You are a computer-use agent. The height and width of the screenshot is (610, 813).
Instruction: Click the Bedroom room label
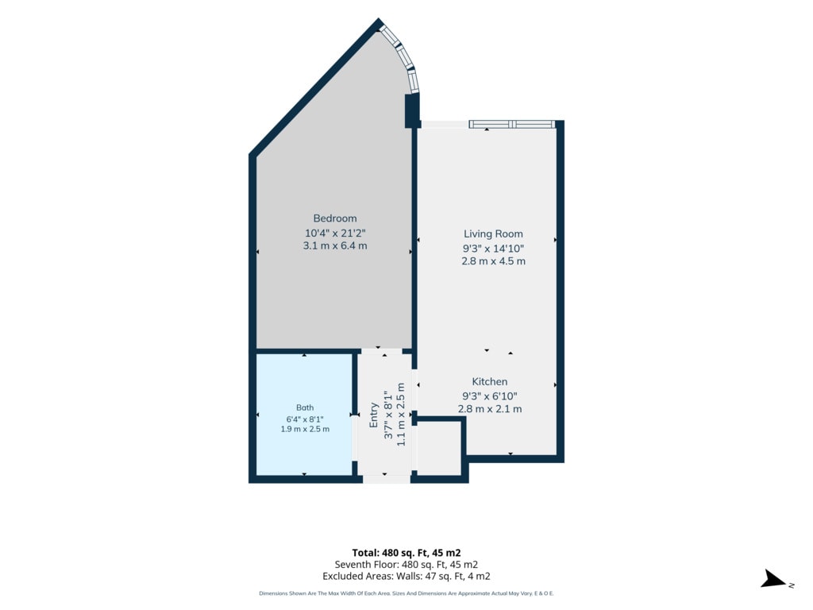(x=335, y=218)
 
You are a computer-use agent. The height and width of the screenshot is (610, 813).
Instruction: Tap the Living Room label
(x=493, y=234)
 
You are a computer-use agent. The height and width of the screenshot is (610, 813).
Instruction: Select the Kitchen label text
(x=489, y=382)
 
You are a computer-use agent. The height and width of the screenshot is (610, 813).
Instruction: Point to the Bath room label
(x=305, y=407)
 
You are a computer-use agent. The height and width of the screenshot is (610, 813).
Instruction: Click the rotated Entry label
(x=373, y=415)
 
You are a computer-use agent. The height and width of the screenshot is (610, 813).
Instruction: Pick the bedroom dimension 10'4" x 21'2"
(x=335, y=234)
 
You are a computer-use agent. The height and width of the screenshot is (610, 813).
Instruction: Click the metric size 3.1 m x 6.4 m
(x=335, y=246)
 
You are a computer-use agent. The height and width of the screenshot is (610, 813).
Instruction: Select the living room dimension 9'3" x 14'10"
(x=493, y=249)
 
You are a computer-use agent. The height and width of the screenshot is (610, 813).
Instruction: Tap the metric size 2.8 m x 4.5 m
(x=493, y=261)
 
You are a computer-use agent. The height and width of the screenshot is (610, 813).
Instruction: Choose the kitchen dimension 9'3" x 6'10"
(x=489, y=396)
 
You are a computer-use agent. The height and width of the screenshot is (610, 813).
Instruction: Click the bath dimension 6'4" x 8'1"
(x=305, y=419)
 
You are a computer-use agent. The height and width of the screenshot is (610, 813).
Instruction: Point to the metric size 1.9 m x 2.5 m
(x=305, y=429)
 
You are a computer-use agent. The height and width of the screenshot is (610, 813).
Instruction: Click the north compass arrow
(x=773, y=579)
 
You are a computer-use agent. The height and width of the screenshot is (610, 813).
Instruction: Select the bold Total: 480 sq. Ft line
(x=406, y=553)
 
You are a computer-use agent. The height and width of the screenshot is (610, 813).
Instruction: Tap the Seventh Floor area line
(x=406, y=565)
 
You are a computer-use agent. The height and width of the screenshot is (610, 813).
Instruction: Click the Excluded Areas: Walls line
(x=406, y=577)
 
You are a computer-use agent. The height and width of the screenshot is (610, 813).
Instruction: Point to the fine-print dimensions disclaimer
(x=406, y=593)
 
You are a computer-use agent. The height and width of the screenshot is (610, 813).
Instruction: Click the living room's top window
(x=512, y=124)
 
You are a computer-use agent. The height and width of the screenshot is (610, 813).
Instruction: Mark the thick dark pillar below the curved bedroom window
(x=412, y=110)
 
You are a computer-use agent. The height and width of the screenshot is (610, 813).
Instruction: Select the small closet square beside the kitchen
(x=439, y=448)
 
